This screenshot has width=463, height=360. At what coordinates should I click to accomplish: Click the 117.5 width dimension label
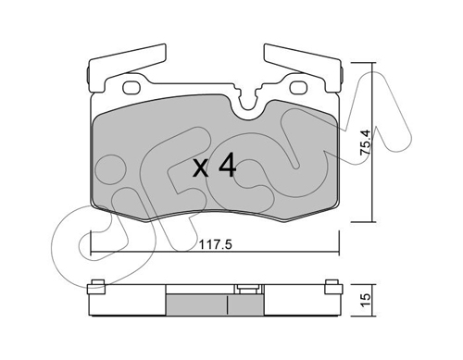tap(215, 245)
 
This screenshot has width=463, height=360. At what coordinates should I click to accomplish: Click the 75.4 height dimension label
tap(366, 143)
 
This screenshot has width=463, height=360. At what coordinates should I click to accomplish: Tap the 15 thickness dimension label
tap(365, 300)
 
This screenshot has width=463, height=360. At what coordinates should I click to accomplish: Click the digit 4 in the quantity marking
tap(227, 166)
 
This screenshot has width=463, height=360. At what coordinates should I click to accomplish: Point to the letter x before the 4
tap(201, 169)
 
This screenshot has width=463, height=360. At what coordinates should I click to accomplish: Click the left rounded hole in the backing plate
tap(131, 87)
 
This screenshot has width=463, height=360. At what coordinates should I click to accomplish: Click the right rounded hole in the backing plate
tap(298, 87)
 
